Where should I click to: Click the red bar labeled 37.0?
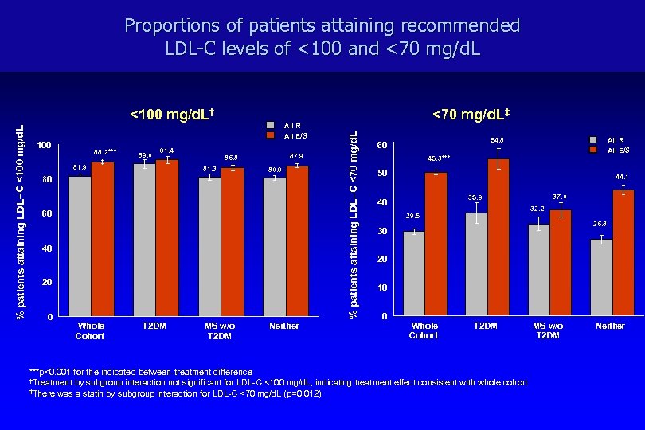click(x=561, y=263)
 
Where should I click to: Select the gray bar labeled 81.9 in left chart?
click(x=80, y=246)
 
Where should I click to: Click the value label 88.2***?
click(x=104, y=150)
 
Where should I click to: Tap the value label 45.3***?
click(x=439, y=158)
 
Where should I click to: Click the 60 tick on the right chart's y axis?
click(x=383, y=145)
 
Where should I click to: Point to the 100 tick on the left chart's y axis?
click(x=45, y=145)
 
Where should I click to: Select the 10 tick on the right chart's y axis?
click(x=383, y=287)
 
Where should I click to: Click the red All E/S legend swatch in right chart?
click(x=594, y=149)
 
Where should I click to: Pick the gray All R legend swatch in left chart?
click(x=269, y=125)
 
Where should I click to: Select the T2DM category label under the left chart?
click(x=154, y=326)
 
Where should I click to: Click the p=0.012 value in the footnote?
click(x=299, y=393)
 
